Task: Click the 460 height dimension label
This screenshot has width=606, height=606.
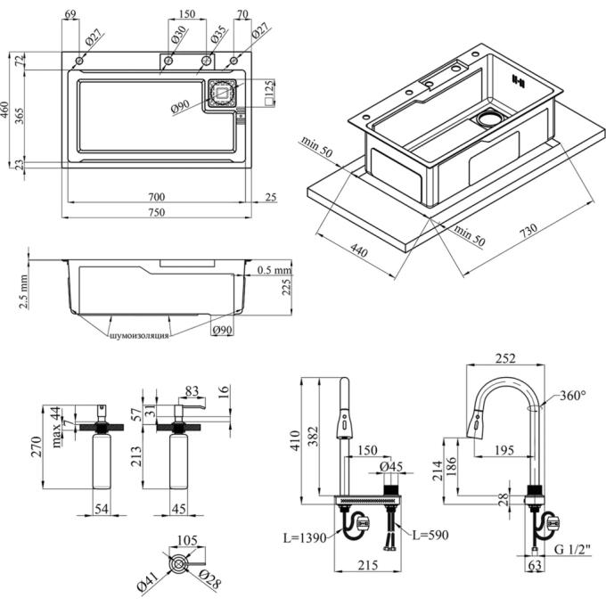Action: [x=6, y=111]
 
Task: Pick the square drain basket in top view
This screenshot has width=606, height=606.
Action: [x=222, y=94]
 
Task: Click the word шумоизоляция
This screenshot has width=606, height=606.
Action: [x=138, y=336]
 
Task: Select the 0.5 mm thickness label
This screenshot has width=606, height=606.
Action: [x=274, y=270]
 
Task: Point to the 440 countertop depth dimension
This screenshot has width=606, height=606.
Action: [x=359, y=252]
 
